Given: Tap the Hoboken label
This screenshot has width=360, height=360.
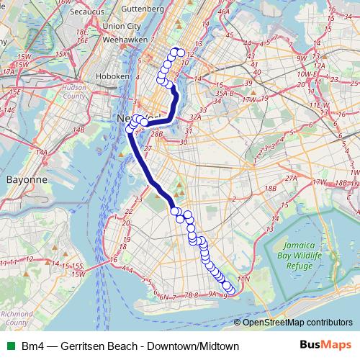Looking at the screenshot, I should click(115, 75).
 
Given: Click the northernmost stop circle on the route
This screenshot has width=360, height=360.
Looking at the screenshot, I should click(175, 51).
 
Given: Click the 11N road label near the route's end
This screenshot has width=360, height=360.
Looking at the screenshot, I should click(243, 277).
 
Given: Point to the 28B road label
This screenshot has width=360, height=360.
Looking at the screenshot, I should click(158, 134).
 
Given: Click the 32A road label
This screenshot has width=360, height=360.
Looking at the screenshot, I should click(194, 116).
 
